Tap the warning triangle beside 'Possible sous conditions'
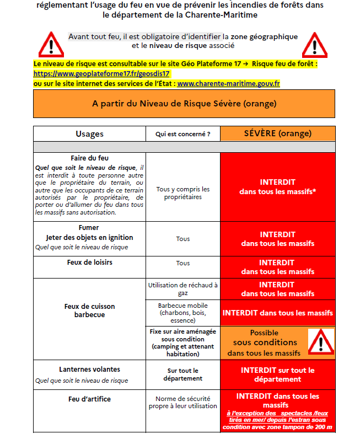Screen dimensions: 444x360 (320, 341)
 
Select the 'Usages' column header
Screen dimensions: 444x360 (89, 133)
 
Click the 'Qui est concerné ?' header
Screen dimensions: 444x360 (183, 133)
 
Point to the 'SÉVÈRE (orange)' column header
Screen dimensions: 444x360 (277, 133)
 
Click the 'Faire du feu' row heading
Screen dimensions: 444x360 (89, 158)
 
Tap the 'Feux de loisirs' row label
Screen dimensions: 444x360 (89, 263)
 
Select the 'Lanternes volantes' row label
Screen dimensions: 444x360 (89, 369)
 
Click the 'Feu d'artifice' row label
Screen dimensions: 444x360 (89, 399)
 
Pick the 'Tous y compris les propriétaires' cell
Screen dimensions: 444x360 (183, 193)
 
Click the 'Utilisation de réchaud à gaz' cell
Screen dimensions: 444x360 (183, 289)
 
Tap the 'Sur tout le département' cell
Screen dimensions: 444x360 (183, 375)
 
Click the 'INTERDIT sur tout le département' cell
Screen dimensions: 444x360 (277, 375)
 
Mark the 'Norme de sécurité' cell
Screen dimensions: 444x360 (183, 402)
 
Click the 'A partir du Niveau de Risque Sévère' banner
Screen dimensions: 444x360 (184, 104)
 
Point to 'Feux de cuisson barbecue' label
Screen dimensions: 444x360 (89, 311)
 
